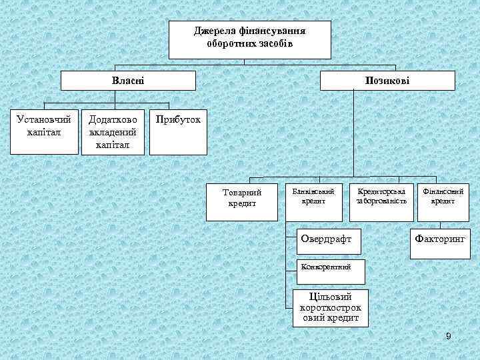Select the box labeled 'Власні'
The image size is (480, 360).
point(128,80)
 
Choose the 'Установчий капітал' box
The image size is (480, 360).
point(44,130)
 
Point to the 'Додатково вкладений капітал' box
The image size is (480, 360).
point(113,130)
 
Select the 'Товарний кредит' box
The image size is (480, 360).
point(242,199)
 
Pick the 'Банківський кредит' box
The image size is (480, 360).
point(314,199)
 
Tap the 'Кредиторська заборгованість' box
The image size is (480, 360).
point(381,199)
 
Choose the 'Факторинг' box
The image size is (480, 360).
point(441,238)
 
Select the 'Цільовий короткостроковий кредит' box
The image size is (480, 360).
point(331,308)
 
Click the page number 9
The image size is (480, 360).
point(449,336)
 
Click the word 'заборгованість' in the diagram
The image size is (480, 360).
point(381,201)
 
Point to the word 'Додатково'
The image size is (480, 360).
point(113,119)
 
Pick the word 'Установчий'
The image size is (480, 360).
point(44,120)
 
